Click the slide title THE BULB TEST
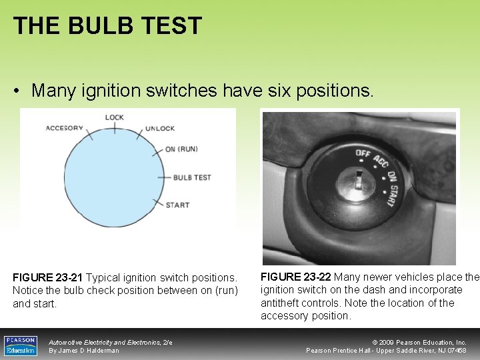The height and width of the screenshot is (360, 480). click(x=107, y=26)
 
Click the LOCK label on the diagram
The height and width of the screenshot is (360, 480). click(x=114, y=117)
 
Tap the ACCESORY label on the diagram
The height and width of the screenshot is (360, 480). click(x=65, y=128)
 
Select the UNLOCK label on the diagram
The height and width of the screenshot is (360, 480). click(x=160, y=128)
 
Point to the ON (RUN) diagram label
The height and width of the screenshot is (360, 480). click(x=181, y=149)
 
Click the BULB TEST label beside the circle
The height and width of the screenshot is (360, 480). click(x=192, y=177)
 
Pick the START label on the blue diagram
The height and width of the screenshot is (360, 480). click(x=177, y=205)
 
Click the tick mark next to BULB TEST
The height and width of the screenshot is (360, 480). click(x=164, y=177)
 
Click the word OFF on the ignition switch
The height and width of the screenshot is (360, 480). click(x=363, y=154)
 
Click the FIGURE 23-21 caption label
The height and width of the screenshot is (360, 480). click(x=47, y=277)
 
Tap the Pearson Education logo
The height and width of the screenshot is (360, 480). click(x=20, y=345)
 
